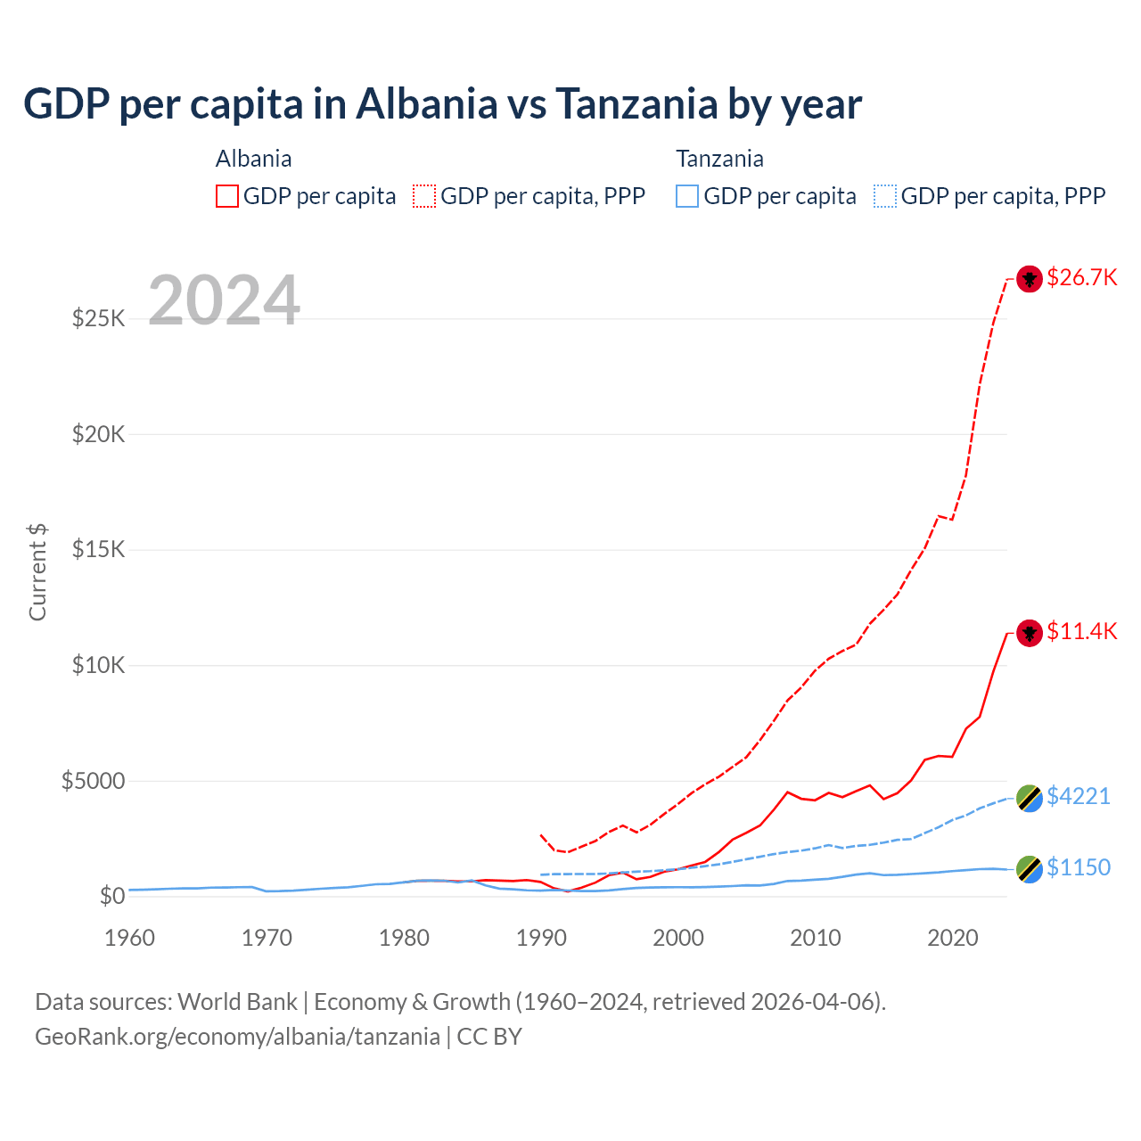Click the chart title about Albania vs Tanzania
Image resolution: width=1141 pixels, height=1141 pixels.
pyautogui.click(x=442, y=103)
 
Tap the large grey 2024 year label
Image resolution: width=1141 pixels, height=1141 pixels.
pyautogui.click(x=224, y=300)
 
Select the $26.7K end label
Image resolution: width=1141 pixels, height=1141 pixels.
pyautogui.click(x=1081, y=277)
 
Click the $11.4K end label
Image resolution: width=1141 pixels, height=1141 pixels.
pyautogui.click(x=1081, y=631)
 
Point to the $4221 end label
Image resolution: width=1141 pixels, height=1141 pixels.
pyautogui.click(x=1079, y=795)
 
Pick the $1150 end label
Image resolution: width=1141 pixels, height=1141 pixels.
pyautogui.click(x=1079, y=867)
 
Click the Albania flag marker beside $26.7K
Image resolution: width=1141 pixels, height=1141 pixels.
pyautogui.click(x=1030, y=279)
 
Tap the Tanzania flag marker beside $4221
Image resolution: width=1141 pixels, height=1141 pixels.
pyautogui.click(x=1030, y=798)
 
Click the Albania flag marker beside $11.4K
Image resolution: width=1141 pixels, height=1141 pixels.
pyautogui.click(x=1030, y=633)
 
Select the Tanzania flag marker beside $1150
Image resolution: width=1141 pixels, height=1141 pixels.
pyautogui.click(x=1030, y=869)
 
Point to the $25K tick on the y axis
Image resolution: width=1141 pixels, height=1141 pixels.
pyautogui.click(x=98, y=318)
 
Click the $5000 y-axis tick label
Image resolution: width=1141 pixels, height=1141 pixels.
pyautogui.click(x=93, y=781)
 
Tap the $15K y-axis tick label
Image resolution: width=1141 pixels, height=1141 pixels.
pyautogui.click(x=98, y=549)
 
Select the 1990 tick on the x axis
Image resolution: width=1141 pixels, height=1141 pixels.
pyautogui.click(x=541, y=938)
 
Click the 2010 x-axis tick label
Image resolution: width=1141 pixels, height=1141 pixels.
pyautogui.click(x=816, y=938)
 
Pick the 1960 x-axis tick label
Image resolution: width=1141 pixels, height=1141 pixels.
pyautogui.click(x=130, y=938)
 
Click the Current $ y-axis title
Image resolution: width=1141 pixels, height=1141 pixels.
pyautogui.click(x=37, y=572)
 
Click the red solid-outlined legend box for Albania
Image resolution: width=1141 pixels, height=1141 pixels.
pyautogui.click(x=227, y=196)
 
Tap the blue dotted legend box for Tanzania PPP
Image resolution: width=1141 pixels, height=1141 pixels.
pyautogui.click(x=885, y=196)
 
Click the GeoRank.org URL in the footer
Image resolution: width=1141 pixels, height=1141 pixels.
pyautogui.click(x=237, y=1037)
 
